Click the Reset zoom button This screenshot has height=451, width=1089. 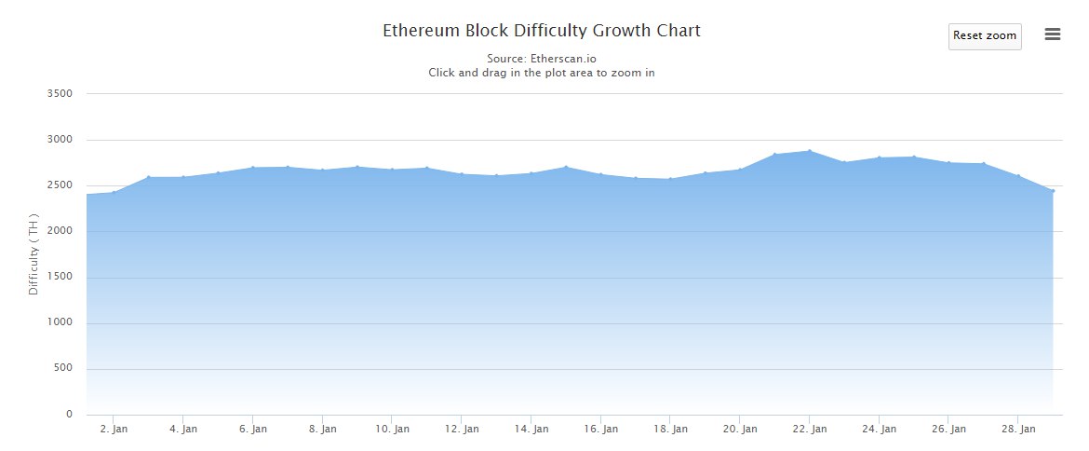(985, 35)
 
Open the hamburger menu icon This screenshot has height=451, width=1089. (1053, 34)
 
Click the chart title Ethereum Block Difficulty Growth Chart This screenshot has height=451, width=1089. (542, 31)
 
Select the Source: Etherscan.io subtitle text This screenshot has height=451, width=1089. (542, 59)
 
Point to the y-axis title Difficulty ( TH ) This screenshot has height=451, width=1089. (34, 256)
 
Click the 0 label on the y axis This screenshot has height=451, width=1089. (69, 415)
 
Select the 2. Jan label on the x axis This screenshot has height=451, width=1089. (114, 430)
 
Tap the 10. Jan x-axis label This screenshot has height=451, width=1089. (392, 430)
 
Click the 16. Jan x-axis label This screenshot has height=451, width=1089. (600, 430)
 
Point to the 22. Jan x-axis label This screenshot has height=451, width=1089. (809, 430)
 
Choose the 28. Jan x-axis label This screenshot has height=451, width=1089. (1018, 430)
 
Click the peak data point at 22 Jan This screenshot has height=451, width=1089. (810, 151)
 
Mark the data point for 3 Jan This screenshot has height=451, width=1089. (149, 177)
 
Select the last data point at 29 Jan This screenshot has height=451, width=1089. (1053, 191)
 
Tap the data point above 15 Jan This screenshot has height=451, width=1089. (566, 168)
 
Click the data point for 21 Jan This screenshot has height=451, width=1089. (774, 155)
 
